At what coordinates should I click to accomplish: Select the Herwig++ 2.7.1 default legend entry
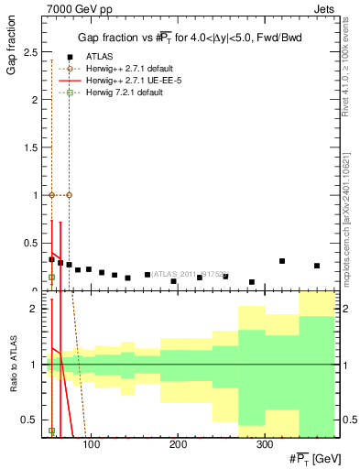129,69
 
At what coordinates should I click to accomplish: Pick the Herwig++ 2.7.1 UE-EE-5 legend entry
129,81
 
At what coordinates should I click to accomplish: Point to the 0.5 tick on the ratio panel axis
29,420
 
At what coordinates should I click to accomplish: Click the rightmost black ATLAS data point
317,266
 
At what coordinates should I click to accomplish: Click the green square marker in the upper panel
51,277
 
